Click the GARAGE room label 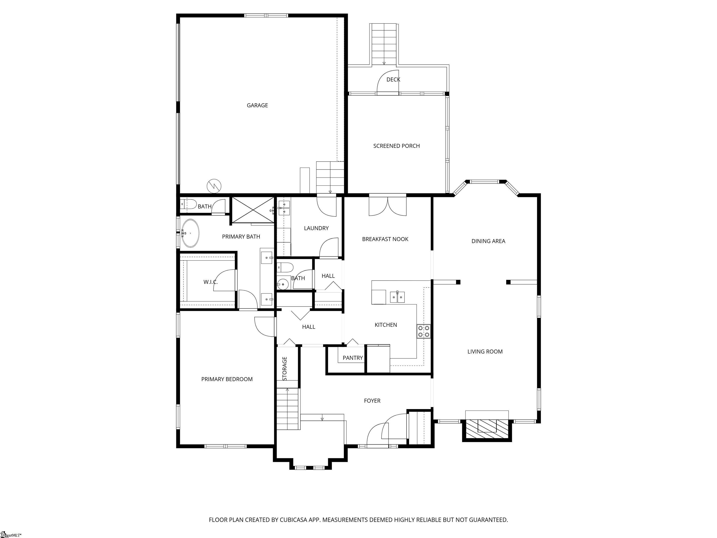(257, 105)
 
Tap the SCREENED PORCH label (396, 146)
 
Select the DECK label (393, 79)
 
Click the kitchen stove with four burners (424, 331)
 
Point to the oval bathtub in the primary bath (190, 233)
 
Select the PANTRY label (353, 358)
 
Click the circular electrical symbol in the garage (214, 186)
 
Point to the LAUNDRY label (316, 228)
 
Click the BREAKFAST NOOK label (385, 239)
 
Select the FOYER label (372, 401)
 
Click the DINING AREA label (488, 241)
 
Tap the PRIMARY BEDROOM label (227, 379)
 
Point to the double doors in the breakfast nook (388, 206)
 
